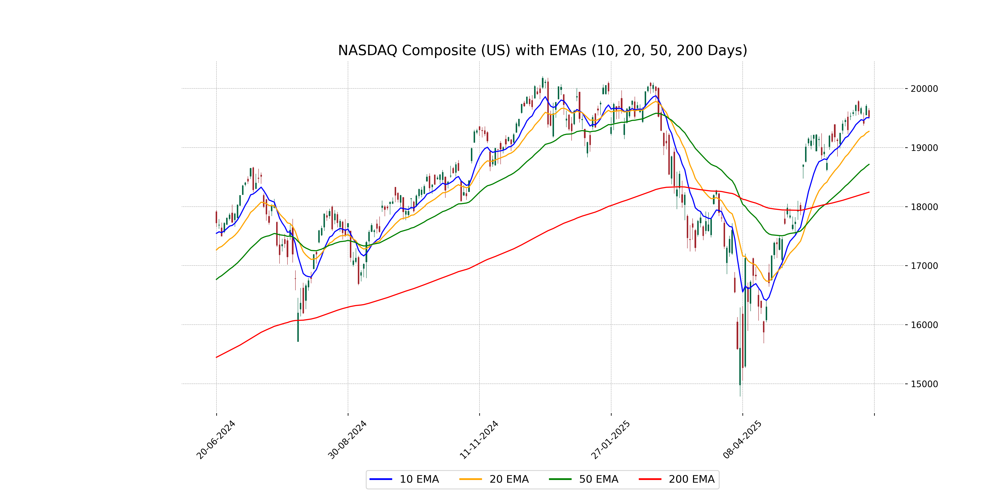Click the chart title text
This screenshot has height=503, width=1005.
542,50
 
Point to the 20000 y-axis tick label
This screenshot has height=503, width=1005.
924,89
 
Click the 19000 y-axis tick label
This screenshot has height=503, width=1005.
924,148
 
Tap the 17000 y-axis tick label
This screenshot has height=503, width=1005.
924,266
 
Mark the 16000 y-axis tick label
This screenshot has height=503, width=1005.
924,324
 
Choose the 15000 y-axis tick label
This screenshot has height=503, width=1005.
924,384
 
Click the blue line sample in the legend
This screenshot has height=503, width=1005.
381,479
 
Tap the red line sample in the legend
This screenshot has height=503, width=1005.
650,479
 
